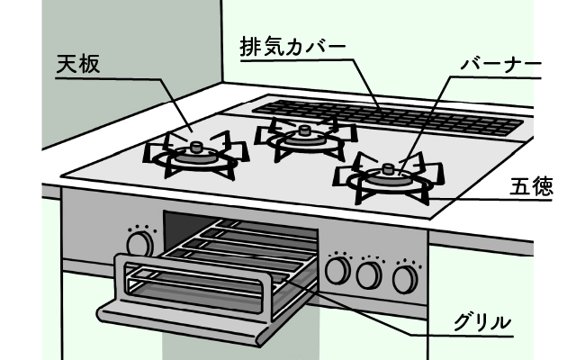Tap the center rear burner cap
(303, 132)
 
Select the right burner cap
(387, 168)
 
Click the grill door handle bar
(193, 270)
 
